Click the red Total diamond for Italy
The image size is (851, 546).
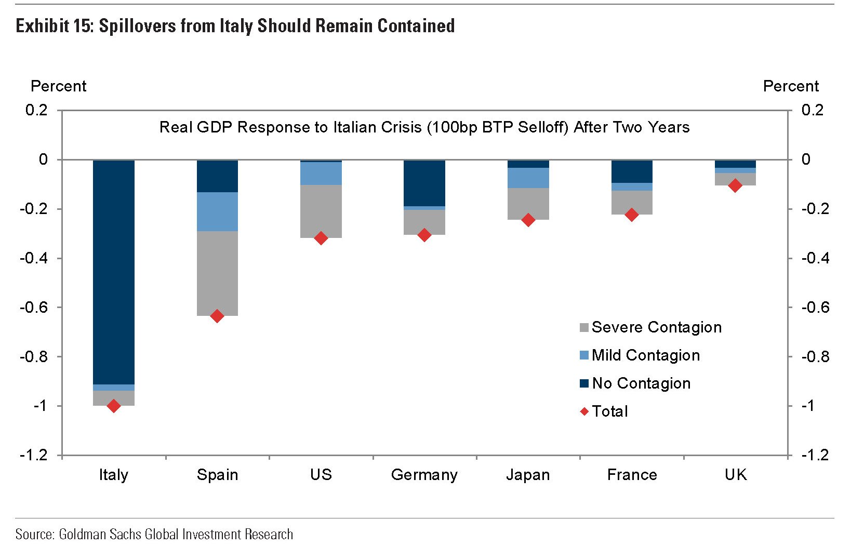(x=114, y=406)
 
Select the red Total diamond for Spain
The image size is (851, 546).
(x=217, y=316)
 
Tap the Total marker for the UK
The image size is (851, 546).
(x=735, y=185)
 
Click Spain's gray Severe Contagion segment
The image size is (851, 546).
(x=217, y=273)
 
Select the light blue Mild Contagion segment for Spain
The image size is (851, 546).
(x=217, y=211)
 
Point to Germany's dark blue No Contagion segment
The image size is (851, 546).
(x=424, y=183)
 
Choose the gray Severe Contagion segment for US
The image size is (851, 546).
(x=321, y=211)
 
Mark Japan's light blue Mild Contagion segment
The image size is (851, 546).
(x=528, y=178)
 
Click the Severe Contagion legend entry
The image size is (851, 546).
(x=650, y=327)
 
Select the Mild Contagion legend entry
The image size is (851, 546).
(x=640, y=355)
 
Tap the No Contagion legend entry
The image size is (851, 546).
(x=635, y=383)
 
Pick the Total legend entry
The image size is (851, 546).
(x=604, y=411)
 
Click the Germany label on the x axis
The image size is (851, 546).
(x=424, y=475)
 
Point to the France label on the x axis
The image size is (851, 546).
(x=632, y=475)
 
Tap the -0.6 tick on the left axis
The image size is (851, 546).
(x=34, y=308)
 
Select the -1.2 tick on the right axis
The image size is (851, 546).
(x=815, y=455)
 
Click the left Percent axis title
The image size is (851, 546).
(x=59, y=86)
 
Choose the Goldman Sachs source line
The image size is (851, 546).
(x=154, y=534)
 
